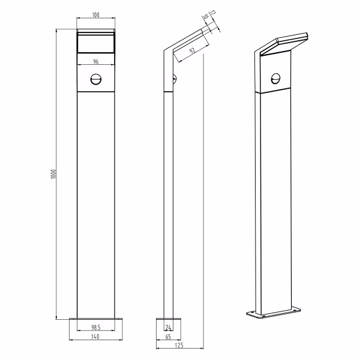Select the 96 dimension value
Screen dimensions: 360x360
[96, 61]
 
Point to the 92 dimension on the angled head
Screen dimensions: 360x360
[191, 50]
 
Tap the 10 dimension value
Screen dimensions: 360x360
[205, 18]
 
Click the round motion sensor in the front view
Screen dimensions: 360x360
[96, 79]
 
